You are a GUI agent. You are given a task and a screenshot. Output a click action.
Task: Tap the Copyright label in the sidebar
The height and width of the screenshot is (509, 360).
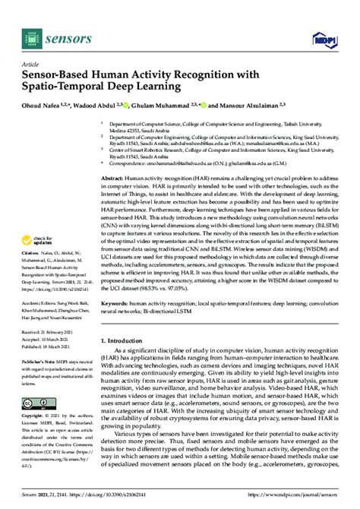[x=36, y=416]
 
